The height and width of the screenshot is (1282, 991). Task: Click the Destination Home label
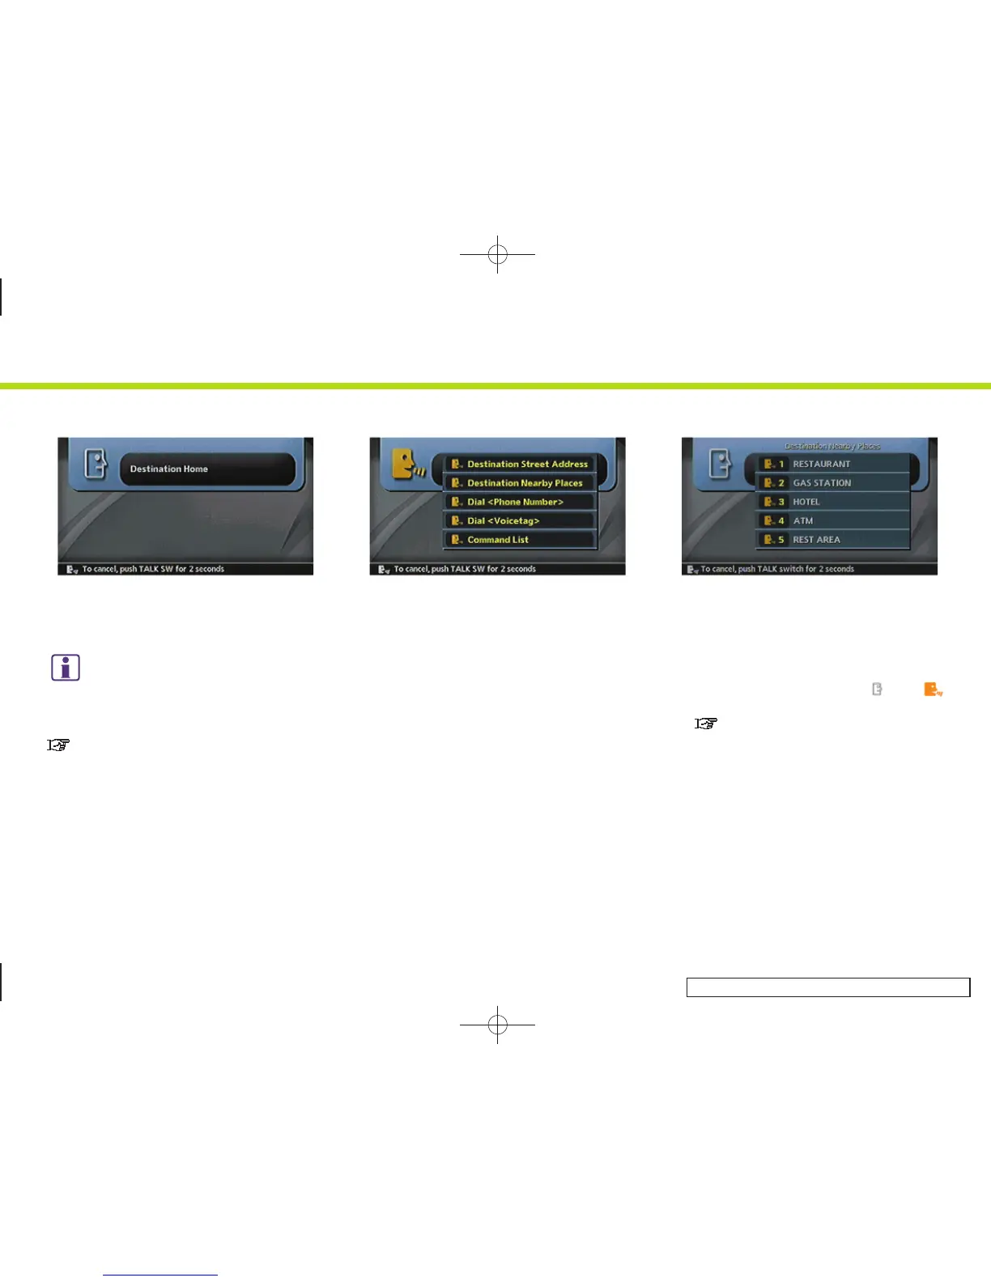(x=169, y=469)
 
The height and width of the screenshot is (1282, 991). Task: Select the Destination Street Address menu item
(x=527, y=465)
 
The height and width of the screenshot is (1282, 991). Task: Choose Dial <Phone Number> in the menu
(x=515, y=502)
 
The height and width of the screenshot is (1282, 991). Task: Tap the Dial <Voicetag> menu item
(x=503, y=521)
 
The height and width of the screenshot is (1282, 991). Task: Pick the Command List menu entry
(x=497, y=540)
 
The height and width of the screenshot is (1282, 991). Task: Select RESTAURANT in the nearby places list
(x=821, y=465)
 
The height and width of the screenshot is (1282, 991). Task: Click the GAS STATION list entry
(x=822, y=483)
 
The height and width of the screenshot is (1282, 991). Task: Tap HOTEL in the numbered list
(x=806, y=502)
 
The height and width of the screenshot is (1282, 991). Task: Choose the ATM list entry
(x=803, y=521)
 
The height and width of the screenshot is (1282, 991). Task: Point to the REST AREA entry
(x=816, y=540)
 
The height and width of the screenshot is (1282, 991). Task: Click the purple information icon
(x=66, y=668)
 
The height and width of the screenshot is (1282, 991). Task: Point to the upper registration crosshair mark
(x=498, y=255)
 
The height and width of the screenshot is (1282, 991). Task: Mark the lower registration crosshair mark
(x=498, y=1025)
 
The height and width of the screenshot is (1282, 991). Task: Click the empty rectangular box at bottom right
(x=827, y=987)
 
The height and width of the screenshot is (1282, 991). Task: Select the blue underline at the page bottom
(x=160, y=1275)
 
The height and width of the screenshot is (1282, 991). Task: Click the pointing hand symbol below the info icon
(x=58, y=745)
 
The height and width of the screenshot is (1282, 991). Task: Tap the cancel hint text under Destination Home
(x=153, y=569)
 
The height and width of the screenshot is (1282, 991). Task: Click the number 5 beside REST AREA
(x=781, y=540)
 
